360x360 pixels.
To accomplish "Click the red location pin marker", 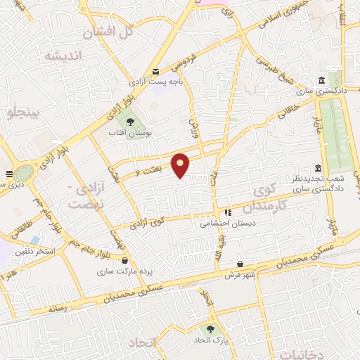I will pos(181,165).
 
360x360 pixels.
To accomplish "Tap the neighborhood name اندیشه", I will pos(63,55).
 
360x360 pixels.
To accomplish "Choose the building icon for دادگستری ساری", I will pos(321,79).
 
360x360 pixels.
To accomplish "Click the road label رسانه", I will pos(58,308).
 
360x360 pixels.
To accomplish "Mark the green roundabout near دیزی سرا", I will pos(25,172).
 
